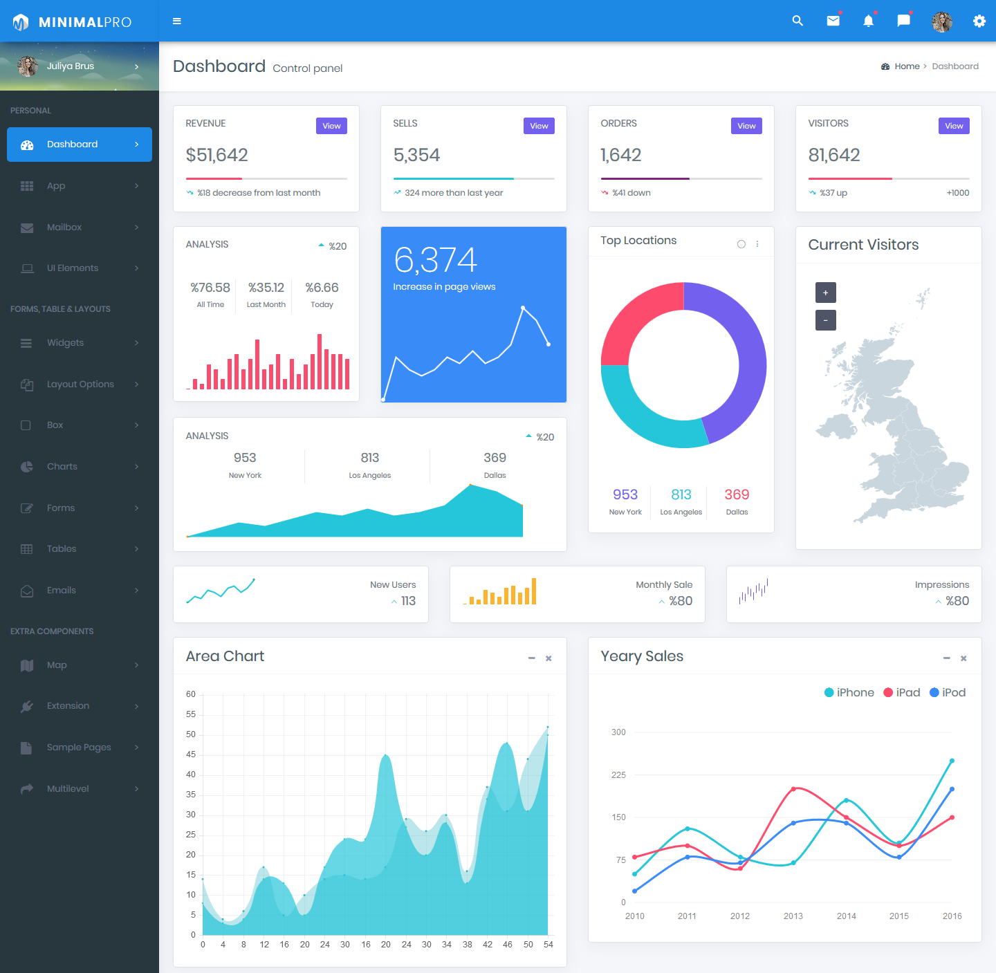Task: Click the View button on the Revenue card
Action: pos(331,126)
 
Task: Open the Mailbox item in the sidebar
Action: pos(64,228)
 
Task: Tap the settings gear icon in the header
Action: pos(979,21)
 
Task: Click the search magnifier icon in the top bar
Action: pos(797,21)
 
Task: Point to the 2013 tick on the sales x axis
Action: pos(793,916)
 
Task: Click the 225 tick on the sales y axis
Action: pos(618,775)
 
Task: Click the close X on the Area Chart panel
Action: pos(548,658)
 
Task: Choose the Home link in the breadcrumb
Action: pos(907,66)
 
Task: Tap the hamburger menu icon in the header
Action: pos(177,21)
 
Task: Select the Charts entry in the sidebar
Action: pos(62,467)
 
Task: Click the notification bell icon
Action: pos(868,21)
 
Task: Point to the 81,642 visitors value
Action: pos(834,155)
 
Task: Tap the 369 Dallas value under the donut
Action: pos(737,495)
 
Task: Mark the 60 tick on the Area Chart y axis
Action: pos(191,694)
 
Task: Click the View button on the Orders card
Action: pos(746,126)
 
